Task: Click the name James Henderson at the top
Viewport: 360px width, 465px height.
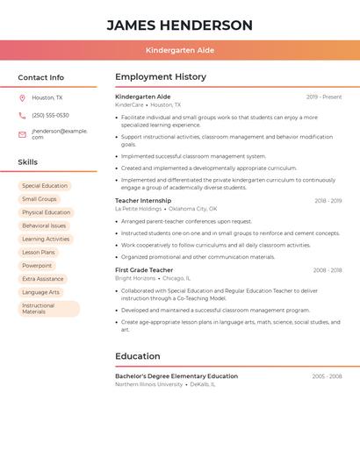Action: pyautogui.click(x=179, y=25)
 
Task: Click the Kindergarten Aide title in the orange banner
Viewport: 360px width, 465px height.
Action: pyautogui.click(x=179, y=51)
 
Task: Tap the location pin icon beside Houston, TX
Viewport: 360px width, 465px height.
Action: pyautogui.click(x=22, y=97)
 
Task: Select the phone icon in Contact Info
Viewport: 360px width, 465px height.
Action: pyautogui.click(x=22, y=115)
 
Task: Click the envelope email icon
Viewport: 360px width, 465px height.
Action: pyautogui.click(x=22, y=134)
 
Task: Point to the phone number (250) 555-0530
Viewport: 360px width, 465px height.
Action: pyautogui.click(x=50, y=115)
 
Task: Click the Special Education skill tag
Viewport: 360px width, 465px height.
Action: pyautogui.click(x=45, y=186)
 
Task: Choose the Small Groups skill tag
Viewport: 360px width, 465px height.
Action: pyautogui.click(x=40, y=199)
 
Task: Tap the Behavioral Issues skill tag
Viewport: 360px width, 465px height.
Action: pyautogui.click(x=44, y=225)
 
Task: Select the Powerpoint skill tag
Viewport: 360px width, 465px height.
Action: pyautogui.click(x=37, y=265)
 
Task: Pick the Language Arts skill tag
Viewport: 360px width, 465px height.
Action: pyautogui.click(x=41, y=292)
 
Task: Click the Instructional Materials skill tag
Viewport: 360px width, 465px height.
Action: pyautogui.click(x=48, y=309)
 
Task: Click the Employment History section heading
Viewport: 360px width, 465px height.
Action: pyautogui.click(x=161, y=77)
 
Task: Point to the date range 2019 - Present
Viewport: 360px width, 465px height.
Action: pyautogui.click(x=324, y=97)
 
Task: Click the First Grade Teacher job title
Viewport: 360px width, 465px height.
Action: pyautogui.click(x=144, y=270)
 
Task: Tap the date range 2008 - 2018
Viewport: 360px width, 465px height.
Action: pyautogui.click(x=328, y=270)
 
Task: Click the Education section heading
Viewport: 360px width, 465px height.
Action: pyautogui.click(x=138, y=356)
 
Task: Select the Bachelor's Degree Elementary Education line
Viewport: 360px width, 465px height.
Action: pyautogui.click(x=176, y=376)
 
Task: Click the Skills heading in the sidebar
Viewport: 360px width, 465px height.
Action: pyautogui.click(x=28, y=162)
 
